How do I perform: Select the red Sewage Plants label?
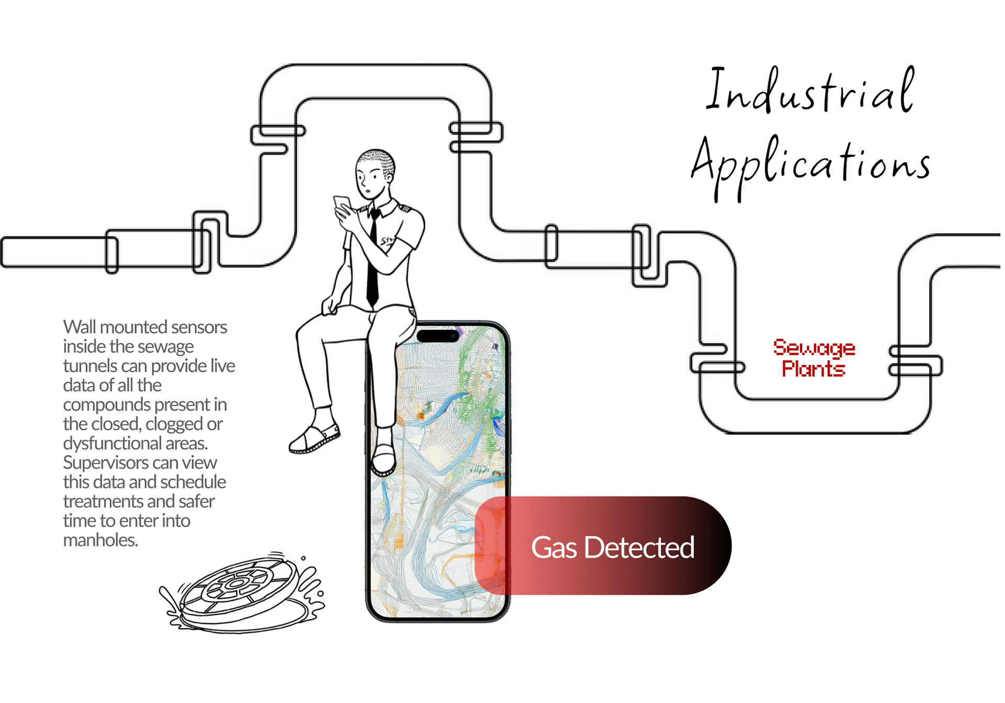pos(813,358)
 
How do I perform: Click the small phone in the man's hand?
pos(342,204)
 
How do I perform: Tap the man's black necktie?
pos(373,262)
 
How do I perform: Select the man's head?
pos(374,173)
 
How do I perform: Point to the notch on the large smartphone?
pos(438,336)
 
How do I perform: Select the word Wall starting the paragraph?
pos(80,327)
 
